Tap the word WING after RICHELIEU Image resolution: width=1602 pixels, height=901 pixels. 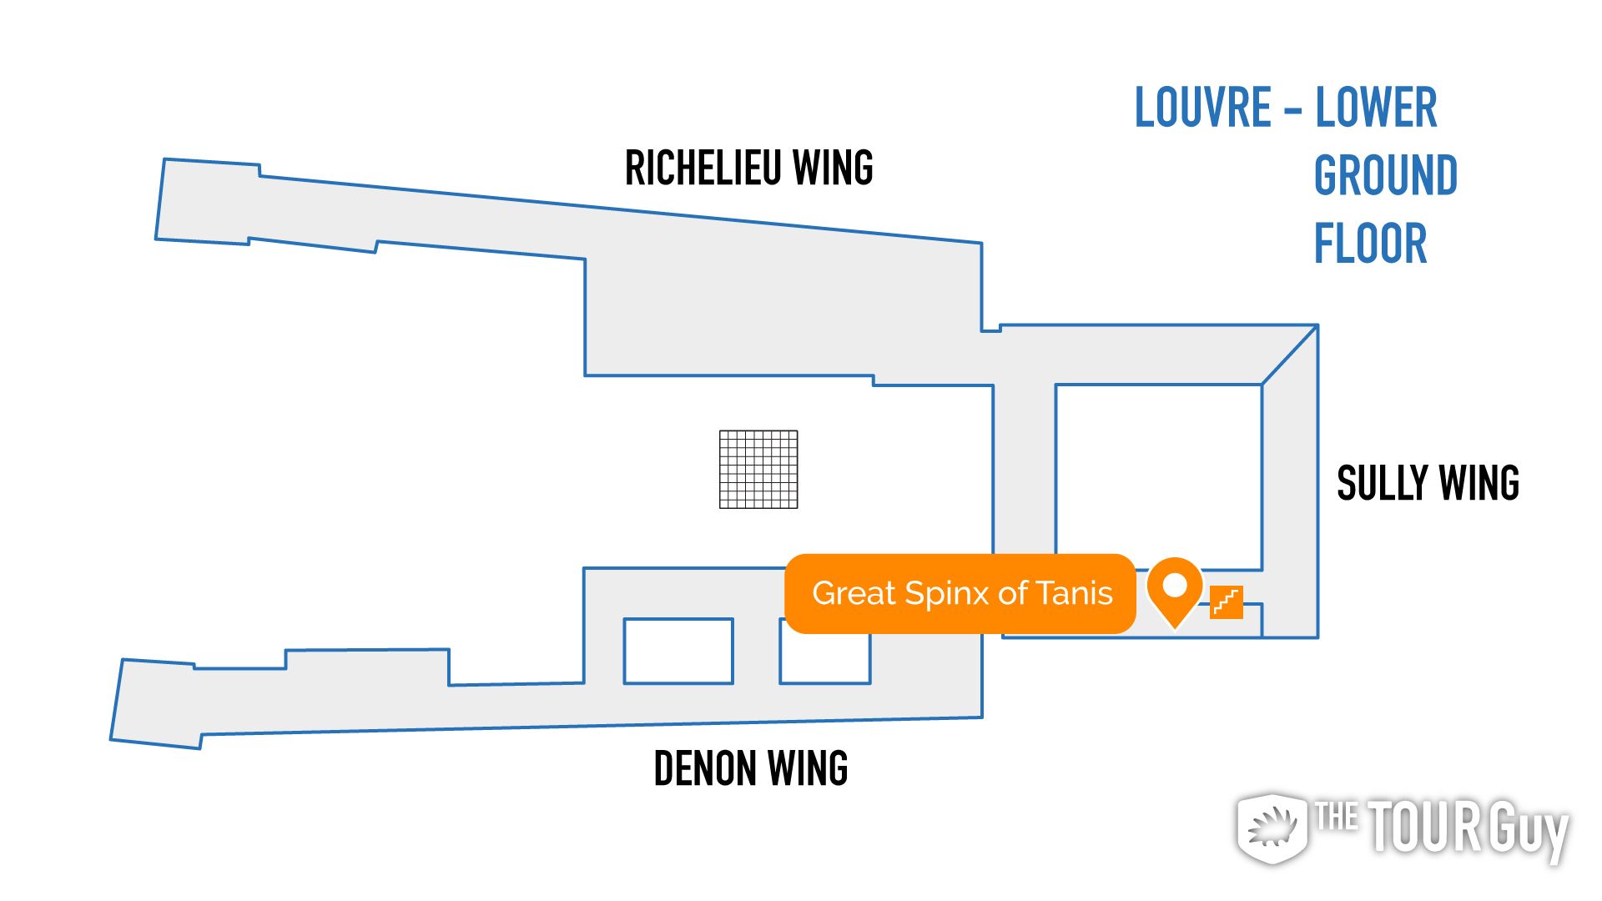833,168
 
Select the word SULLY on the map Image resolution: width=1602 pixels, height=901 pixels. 1381,483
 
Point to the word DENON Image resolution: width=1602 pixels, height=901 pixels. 705,768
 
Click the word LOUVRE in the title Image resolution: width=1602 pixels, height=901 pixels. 1202,108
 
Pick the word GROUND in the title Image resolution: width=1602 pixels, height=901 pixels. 1385,175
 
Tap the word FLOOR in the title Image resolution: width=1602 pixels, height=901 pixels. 1370,244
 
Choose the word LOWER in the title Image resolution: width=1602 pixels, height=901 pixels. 1376,108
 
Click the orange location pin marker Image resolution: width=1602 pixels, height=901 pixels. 1174,589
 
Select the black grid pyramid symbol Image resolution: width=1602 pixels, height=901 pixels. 758,469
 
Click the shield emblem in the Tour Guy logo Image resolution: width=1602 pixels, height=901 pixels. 1272,828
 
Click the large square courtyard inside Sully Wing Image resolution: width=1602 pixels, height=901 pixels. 1158,476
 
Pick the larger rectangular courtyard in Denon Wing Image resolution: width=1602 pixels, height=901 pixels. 678,651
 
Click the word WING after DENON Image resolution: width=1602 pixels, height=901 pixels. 807,768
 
